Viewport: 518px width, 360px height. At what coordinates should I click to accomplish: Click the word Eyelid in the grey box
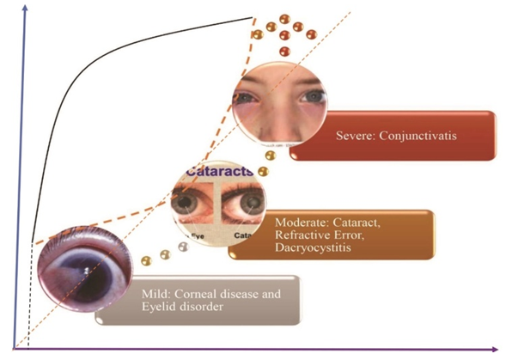click(159, 308)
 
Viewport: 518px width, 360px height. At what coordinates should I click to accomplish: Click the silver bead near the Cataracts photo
click(182, 247)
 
